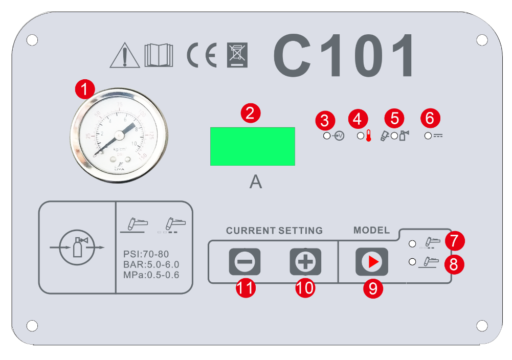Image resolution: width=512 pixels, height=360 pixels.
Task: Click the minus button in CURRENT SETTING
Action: pyautogui.click(x=244, y=262)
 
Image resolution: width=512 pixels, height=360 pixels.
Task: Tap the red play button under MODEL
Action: pyautogui.click(x=371, y=262)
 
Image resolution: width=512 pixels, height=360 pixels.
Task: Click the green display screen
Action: pyautogui.click(x=252, y=146)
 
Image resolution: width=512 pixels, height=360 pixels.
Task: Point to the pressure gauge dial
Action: pyautogui.click(x=119, y=134)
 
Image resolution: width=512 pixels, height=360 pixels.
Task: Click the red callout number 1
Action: pyautogui.click(x=85, y=89)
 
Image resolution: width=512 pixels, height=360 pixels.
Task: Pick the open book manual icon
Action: pyautogui.click(x=159, y=55)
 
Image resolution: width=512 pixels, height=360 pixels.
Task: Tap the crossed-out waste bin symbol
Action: pyautogui.click(x=237, y=55)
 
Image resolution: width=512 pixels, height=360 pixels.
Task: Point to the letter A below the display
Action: pyautogui.click(x=256, y=182)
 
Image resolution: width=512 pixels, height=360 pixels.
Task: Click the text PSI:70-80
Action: pyautogui.click(x=146, y=254)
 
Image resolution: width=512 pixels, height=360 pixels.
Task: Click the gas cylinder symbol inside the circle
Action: pyautogui.click(x=77, y=247)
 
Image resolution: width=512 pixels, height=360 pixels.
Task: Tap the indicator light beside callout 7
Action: pyautogui.click(x=412, y=242)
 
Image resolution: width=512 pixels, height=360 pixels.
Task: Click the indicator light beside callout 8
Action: pyautogui.click(x=412, y=262)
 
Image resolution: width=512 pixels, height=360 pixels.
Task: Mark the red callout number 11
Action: pyautogui.click(x=246, y=288)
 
